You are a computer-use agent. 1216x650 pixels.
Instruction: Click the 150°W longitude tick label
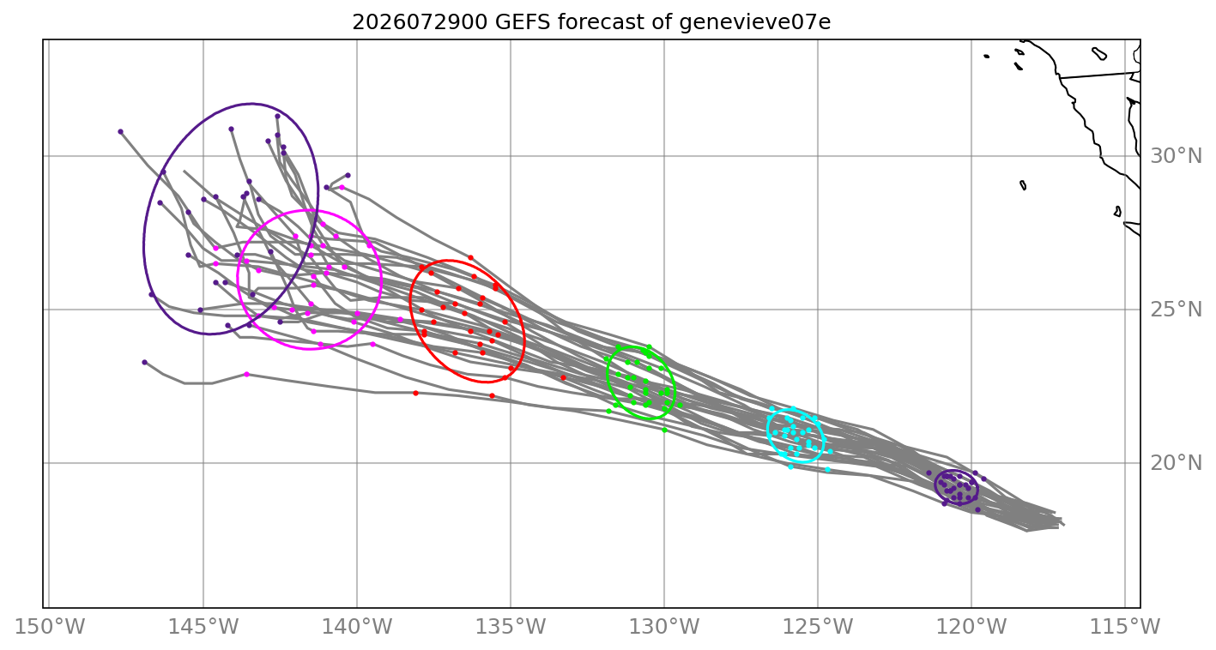pyautogui.click(x=50, y=627)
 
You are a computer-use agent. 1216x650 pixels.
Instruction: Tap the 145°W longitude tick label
pyautogui.click(x=203, y=627)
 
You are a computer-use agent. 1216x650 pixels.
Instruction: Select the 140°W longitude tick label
pyautogui.click(x=357, y=627)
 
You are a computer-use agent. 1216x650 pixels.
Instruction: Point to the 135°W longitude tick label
pyautogui.click(x=511, y=627)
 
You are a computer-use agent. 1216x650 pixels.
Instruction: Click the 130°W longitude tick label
pyautogui.click(x=664, y=627)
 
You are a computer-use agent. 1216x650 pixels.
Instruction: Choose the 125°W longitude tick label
pyautogui.click(x=818, y=627)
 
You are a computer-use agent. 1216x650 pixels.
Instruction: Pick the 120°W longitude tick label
pyautogui.click(x=971, y=627)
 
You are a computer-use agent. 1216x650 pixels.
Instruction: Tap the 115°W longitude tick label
pyautogui.click(x=1125, y=627)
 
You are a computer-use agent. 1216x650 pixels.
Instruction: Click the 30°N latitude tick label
pyautogui.click(x=1176, y=156)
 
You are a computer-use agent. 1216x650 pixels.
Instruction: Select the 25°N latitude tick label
pyautogui.click(x=1176, y=310)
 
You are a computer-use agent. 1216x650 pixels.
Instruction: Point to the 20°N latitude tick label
pyautogui.click(x=1176, y=463)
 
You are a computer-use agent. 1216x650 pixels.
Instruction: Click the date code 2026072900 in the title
pyautogui.click(x=420, y=22)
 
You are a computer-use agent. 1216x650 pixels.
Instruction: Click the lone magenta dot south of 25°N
pyautogui.click(x=246, y=375)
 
